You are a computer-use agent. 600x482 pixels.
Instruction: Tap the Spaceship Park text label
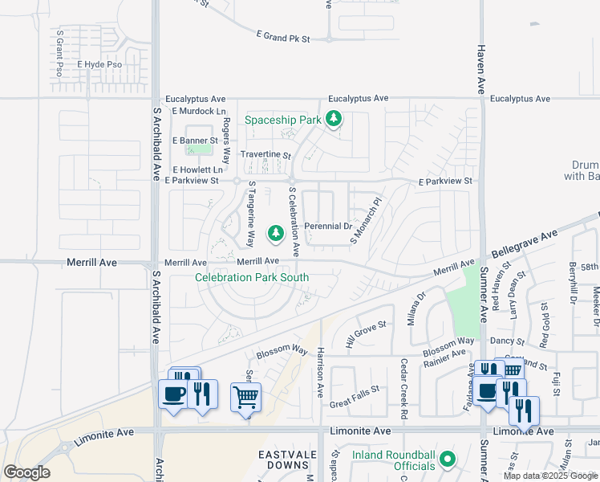282,120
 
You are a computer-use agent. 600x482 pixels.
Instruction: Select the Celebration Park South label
252,278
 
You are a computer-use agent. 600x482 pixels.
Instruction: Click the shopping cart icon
245,396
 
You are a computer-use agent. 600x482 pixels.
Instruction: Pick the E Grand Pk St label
283,37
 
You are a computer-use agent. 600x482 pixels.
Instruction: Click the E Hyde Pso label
99,64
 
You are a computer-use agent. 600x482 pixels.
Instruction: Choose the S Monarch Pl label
365,222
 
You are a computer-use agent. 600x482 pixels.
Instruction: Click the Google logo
27,472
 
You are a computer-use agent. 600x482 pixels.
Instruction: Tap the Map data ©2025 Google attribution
549,476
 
